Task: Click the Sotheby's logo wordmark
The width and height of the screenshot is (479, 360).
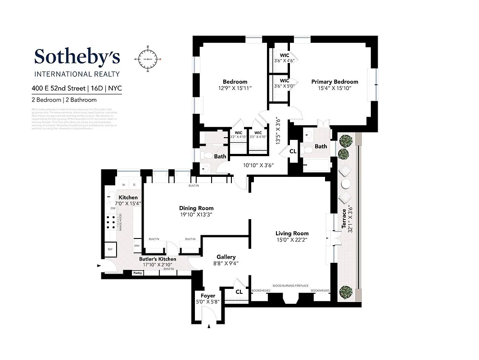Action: point(77,57)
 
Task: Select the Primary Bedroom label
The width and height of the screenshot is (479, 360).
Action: point(334,82)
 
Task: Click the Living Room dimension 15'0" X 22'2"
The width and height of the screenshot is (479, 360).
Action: point(292,240)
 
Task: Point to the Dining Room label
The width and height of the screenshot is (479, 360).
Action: point(196,208)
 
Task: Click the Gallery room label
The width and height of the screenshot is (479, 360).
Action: point(226,257)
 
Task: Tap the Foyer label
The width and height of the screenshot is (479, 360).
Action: point(208,296)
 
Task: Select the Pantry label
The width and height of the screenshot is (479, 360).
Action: point(137,273)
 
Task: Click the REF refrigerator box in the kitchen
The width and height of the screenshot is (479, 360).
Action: point(109,249)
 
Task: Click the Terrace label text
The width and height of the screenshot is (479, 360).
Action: point(344,218)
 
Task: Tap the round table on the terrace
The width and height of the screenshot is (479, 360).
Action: point(346,184)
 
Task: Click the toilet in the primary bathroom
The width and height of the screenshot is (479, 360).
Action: point(308,150)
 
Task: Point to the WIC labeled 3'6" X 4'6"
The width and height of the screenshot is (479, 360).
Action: point(284,58)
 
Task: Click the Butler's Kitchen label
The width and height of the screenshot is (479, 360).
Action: point(158,259)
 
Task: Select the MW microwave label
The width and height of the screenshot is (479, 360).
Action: point(137,246)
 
